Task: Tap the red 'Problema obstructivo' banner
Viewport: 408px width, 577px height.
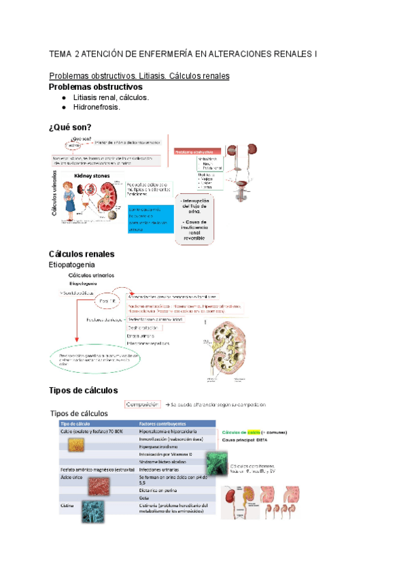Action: tap(197, 151)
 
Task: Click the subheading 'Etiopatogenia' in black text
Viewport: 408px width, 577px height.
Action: tap(76, 264)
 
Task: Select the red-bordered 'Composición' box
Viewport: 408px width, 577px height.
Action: tap(141, 404)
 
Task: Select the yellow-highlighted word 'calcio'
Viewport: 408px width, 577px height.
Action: tap(254, 431)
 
